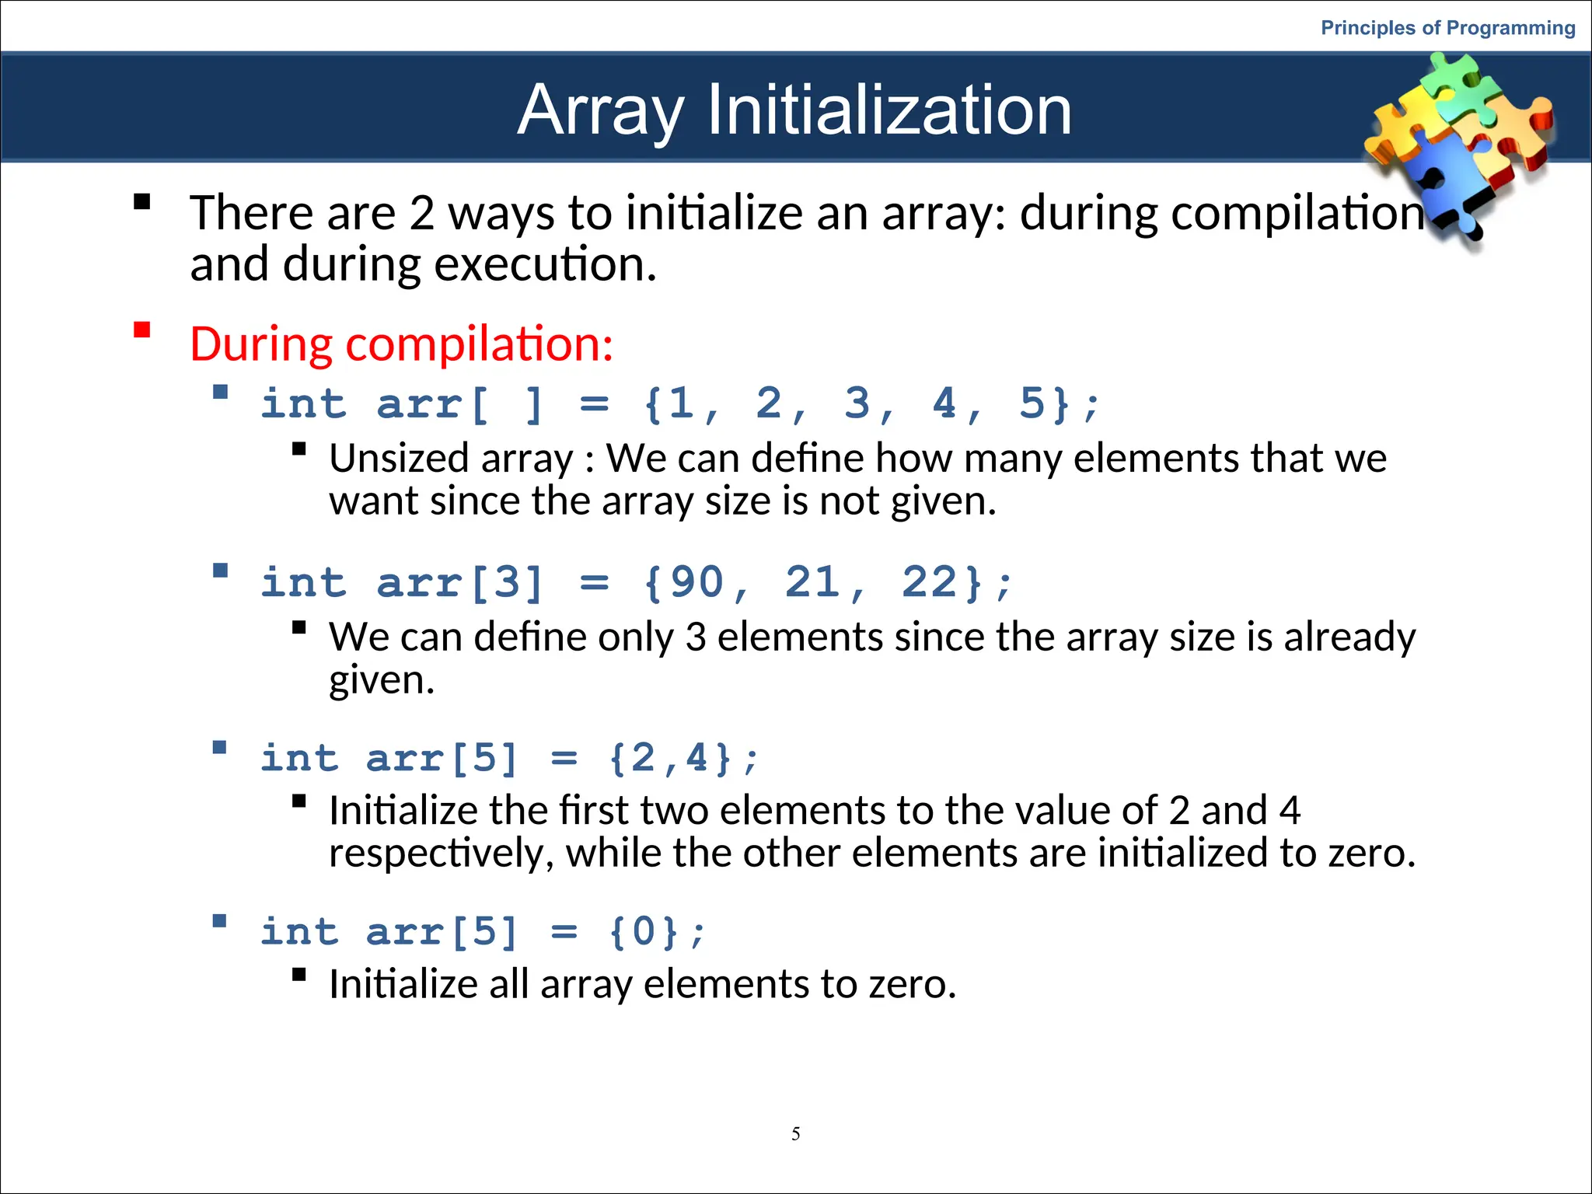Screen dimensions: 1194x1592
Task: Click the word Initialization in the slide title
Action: [889, 110]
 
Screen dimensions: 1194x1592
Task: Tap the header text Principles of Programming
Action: [1447, 28]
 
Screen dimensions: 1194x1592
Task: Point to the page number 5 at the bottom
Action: [795, 1133]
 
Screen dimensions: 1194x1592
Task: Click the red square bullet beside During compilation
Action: [141, 330]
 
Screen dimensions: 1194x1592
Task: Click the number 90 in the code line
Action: [696, 582]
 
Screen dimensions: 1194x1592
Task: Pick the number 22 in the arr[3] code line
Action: [929, 582]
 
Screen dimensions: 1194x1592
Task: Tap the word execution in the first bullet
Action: [546, 264]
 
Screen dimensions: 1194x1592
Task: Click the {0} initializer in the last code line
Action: [644, 931]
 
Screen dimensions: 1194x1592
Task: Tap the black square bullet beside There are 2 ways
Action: [141, 202]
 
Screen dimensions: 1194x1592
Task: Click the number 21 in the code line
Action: [813, 582]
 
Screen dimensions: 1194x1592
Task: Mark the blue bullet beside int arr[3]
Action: [220, 571]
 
